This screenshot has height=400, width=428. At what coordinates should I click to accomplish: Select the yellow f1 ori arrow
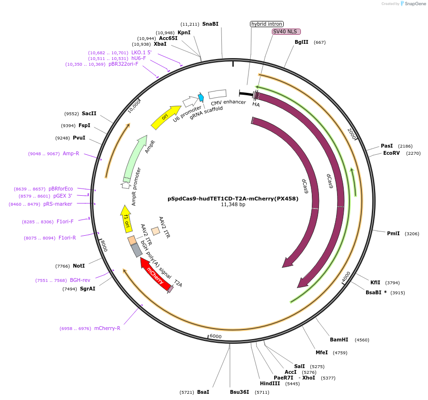pos(127,220)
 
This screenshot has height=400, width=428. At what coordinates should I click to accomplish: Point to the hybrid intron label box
pos(267,24)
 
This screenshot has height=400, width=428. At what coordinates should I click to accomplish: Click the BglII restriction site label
pos(301,42)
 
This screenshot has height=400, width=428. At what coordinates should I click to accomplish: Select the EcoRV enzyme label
pos(391,153)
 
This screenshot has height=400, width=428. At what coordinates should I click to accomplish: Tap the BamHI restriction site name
pos(339,340)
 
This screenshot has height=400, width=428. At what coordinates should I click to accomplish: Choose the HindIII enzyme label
pos(270,383)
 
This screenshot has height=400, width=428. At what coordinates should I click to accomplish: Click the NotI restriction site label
pos(79,266)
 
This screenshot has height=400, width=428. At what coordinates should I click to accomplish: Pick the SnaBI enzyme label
pos(210,24)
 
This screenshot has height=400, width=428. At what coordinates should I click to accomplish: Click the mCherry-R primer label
pos(107,328)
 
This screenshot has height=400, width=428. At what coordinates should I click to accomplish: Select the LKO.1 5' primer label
pos(141,52)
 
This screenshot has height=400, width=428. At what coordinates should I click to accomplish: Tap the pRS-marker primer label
pos(58,204)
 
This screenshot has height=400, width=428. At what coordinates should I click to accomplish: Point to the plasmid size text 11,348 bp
pos(233,205)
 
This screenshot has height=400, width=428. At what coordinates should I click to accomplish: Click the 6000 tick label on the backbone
pos(215,336)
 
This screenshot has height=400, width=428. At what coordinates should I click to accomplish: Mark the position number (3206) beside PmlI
pos(412,234)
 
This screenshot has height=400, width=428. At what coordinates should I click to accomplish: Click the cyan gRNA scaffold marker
pos(201,98)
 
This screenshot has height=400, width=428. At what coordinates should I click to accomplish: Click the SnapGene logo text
pos(414,4)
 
